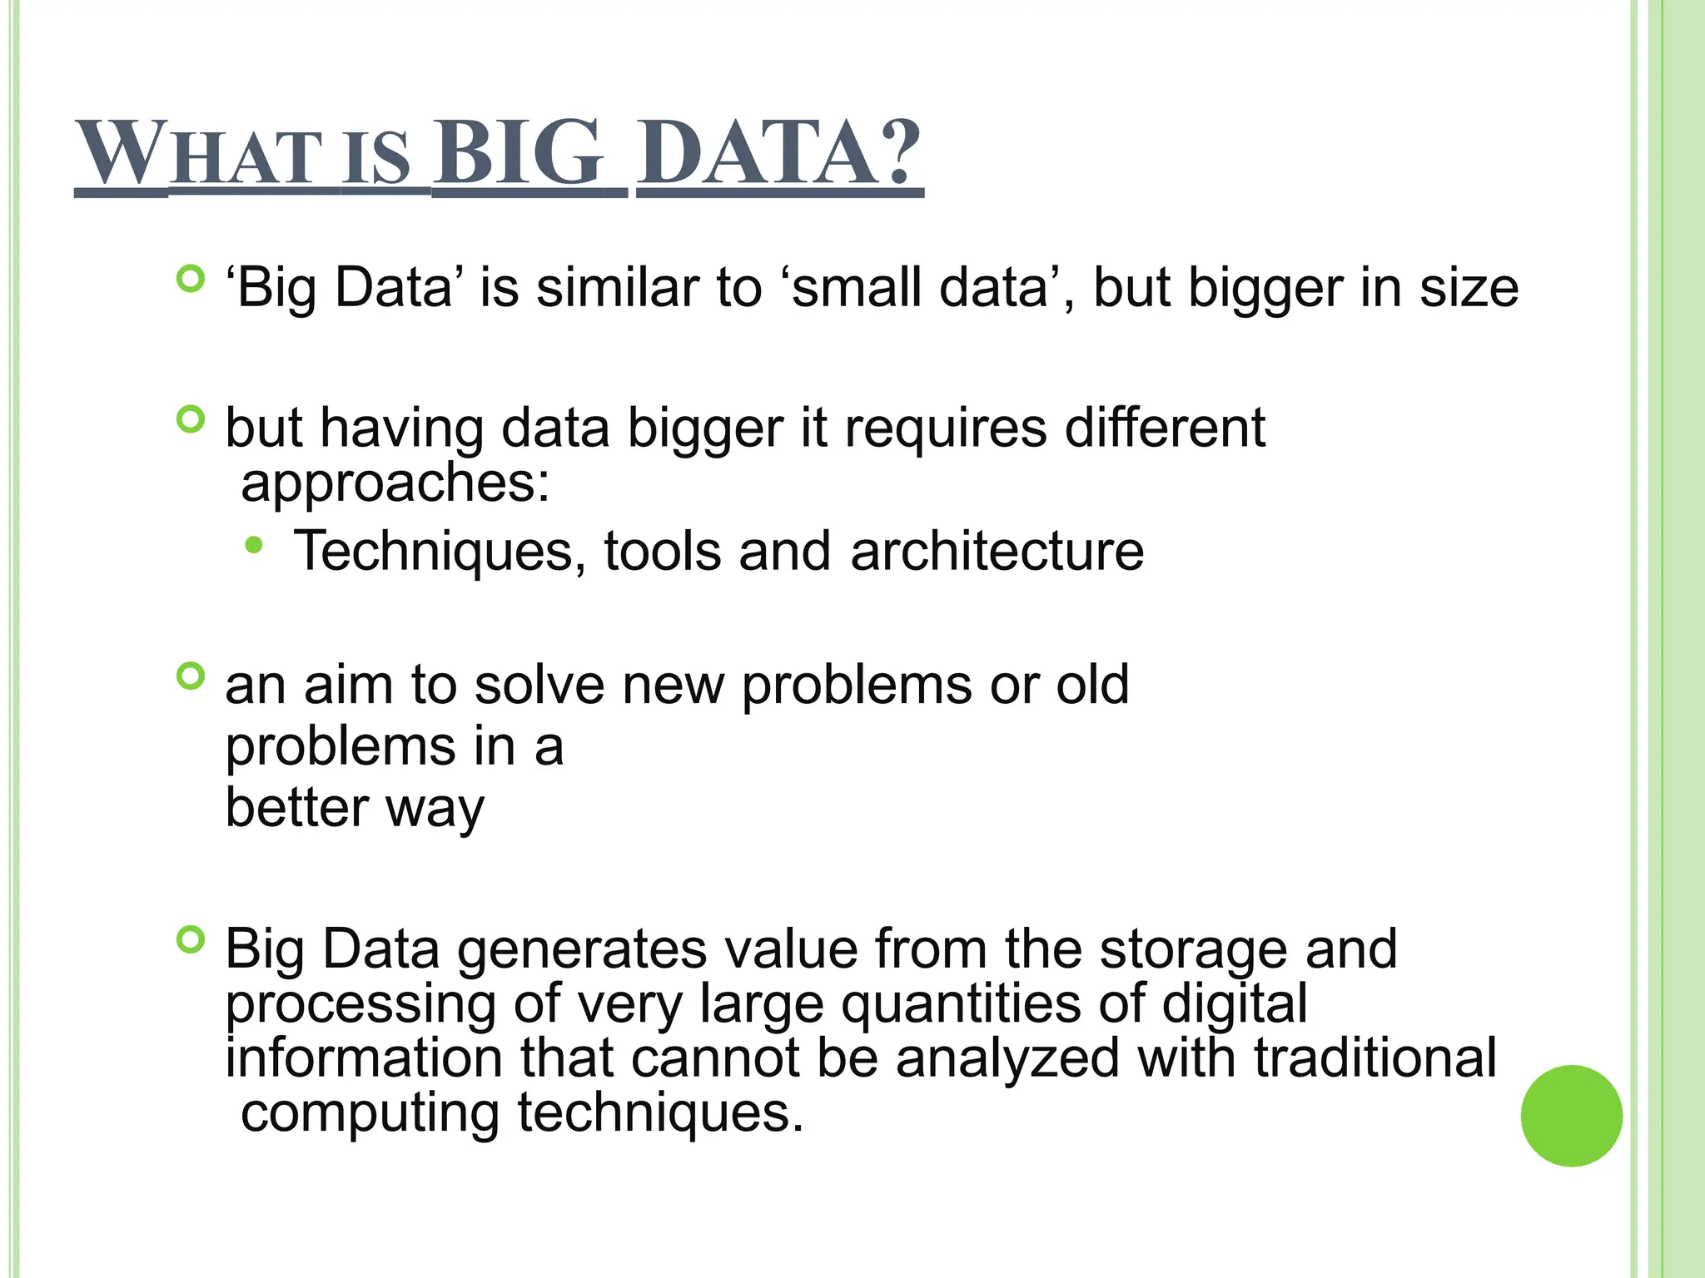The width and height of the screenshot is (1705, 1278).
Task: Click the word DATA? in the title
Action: pyautogui.click(x=781, y=153)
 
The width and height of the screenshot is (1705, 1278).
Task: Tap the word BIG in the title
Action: pyautogui.click(x=517, y=153)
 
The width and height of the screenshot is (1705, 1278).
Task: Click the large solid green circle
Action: pyautogui.click(x=1571, y=1115)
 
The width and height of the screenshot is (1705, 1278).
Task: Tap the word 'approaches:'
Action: pyautogui.click(x=395, y=483)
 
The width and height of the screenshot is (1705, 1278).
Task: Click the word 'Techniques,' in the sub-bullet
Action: pyautogui.click(x=440, y=552)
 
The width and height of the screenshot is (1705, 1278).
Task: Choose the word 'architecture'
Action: pyautogui.click(x=997, y=552)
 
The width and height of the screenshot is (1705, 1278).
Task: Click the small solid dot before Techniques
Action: pyautogui.click(x=254, y=546)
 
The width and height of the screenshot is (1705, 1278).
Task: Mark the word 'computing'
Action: pyautogui.click(x=370, y=1113)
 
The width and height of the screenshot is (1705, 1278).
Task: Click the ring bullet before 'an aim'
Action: pyautogui.click(x=191, y=676)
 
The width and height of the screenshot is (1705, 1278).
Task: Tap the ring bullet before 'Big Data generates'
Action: pyautogui.click(x=191, y=940)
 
